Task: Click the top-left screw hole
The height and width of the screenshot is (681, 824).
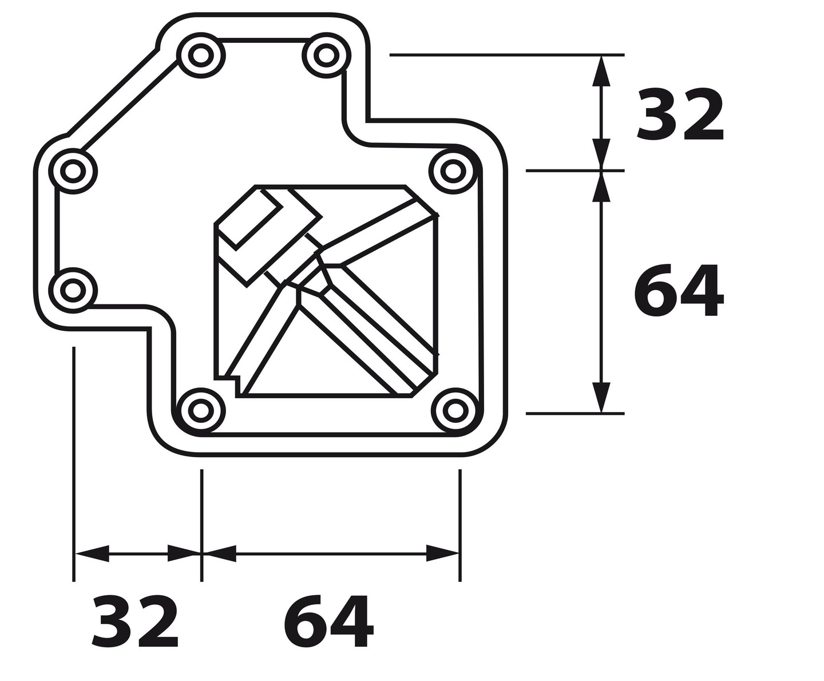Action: (x=200, y=56)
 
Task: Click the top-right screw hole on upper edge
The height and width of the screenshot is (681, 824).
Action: (x=326, y=56)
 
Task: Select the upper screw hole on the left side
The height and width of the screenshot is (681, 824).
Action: (x=73, y=171)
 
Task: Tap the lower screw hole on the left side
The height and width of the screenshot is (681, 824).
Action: (x=73, y=290)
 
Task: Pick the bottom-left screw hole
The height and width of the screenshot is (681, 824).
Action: (x=200, y=410)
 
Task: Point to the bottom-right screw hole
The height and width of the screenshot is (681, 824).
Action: (x=455, y=410)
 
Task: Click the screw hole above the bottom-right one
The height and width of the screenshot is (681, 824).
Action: (x=453, y=171)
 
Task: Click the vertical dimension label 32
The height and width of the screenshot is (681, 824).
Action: (x=680, y=114)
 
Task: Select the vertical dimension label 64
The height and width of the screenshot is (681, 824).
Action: (x=679, y=290)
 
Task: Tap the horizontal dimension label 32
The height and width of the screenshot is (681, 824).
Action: (x=135, y=622)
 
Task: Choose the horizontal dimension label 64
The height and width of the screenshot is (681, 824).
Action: (x=328, y=622)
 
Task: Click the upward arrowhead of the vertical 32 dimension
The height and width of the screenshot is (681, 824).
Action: (x=601, y=71)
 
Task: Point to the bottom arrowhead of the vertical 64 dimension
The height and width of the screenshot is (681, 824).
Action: (x=601, y=397)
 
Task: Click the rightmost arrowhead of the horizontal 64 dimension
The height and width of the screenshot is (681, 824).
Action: (x=442, y=553)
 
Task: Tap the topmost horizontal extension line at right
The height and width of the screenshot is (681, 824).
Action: (x=507, y=55)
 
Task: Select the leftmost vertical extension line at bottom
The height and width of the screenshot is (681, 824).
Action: (x=74, y=464)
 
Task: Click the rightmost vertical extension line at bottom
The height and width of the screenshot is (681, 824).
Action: (x=459, y=525)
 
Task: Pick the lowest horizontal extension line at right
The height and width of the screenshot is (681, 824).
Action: (x=575, y=414)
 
